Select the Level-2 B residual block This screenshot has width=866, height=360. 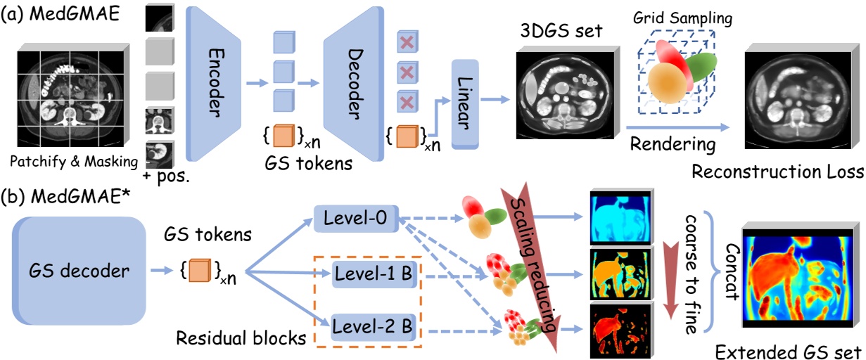tap(372, 327)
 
